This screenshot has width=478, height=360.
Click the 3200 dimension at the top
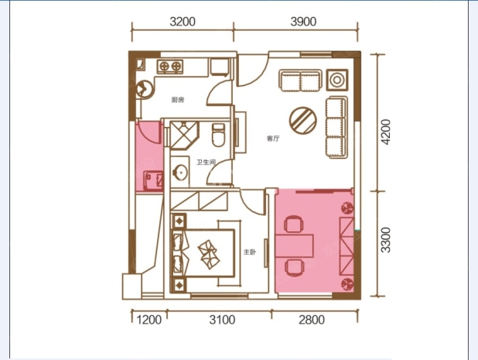pos(183,22)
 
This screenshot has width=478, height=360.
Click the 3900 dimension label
pos(303,22)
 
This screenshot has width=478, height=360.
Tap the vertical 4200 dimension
pos(386,132)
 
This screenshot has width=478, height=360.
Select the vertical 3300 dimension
pos(386,240)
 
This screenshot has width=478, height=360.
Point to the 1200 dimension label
pos(149,320)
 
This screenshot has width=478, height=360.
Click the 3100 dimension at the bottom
pos(222,320)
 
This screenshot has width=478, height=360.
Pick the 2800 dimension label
pos(312,320)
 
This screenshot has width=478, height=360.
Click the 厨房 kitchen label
pos(178,100)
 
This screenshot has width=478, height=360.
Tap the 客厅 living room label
pos(273,139)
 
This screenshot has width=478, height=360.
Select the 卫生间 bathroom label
pos(206,162)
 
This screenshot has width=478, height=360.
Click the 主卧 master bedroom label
pos(249,252)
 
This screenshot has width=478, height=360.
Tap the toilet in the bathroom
pos(218,135)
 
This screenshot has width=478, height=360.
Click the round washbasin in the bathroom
pos(180,172)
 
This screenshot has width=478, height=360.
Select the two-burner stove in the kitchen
pos(170,67)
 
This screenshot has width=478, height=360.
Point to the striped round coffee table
pos(303,120)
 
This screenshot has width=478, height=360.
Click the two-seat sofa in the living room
pos(300,81)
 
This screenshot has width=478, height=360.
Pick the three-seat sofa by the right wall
pos(336,127)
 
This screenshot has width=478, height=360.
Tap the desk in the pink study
pos(294,246)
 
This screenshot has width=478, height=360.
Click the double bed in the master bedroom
pos(203,253)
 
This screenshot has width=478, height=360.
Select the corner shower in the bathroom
pos(184,135)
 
